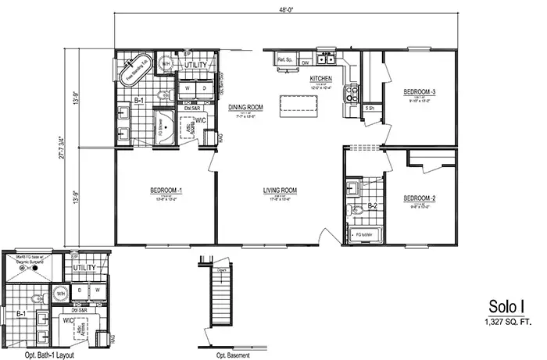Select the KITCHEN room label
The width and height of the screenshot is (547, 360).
pyautogui.click(x=321, y=80)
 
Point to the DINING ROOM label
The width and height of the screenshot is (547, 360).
pyautogui.click(x=245, y=108)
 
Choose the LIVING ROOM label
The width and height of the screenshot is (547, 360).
pyautogui.click(x=279, y=191)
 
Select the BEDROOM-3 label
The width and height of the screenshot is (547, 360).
pyautogui.click(x=419, y=92)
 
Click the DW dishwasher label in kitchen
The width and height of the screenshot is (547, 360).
pyautogui.click(x=305, y=62)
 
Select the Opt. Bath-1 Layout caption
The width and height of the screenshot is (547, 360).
pyautogui.click(x=45, y=352)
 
